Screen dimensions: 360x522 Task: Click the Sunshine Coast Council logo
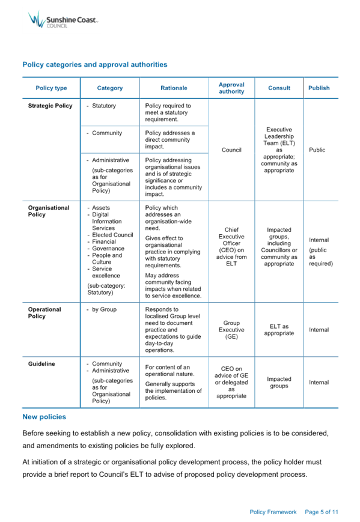pyautogui.click(x=63, y=20)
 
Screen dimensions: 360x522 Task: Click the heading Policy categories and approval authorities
pyautogui.click(x=95, y=65)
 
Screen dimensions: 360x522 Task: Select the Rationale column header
pyautogui.click(x=174, y=88)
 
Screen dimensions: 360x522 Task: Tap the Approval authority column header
pyautogui.click(x=231, y=88)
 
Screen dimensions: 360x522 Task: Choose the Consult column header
pyautogui.click(x=279, y=88)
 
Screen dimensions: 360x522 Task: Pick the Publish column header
pyautogui.click(x=319, y=88)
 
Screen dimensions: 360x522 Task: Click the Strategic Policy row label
pyautogui.click(x=50, y=106)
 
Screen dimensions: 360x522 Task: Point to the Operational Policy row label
pyautogui.click(x=44, y=312)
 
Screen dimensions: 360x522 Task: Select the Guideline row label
pyautogui.click(x=41, y=364)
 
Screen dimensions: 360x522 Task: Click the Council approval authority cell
pyautogui.click(x=231, y=150)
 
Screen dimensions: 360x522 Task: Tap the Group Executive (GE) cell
pyautogui.click(x=231, y=330)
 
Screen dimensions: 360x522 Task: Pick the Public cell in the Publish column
pyautogui.click(x=317, y=150)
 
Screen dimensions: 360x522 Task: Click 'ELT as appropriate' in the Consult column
pyautogui.click(x=279, y=330)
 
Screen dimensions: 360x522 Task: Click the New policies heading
pyautogui.click(x=44, y=417)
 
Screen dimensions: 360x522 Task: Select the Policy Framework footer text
pyautogui.click(x=273, y=512)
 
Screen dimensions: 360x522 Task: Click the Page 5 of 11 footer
pyautogui.click(x=322, y=512)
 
